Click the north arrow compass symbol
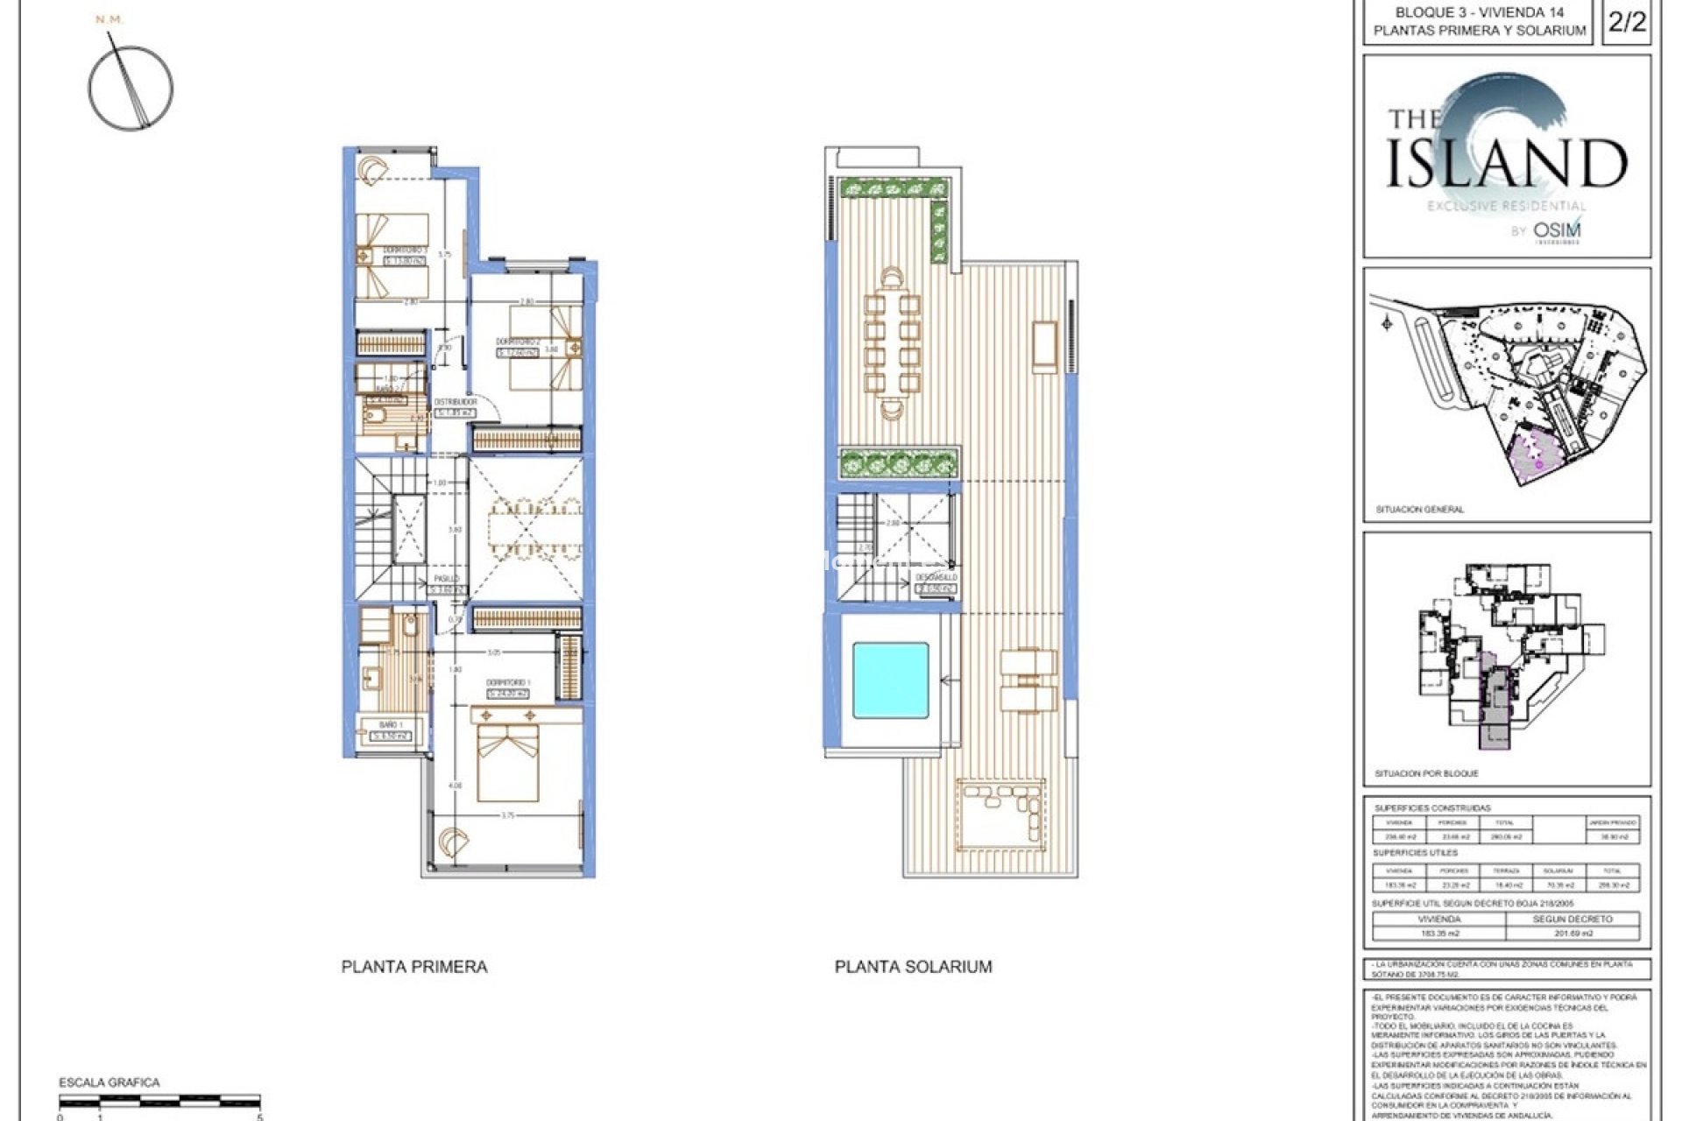pyautogui.click(x=131, y=88)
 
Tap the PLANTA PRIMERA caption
pyautogui.click(x=413, y=967)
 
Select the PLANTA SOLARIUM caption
pyautogui.click(x=913, y=967)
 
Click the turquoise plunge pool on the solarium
pyautogui.click(x=890, y=680)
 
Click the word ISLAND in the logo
pyautogui.click(x=1507, y=163)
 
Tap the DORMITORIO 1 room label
pyautogui.click(x=508, y=682)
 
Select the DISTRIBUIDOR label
pyautogui.click(x=456, y=402)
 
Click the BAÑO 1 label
pyautogui.click(x=391, y=725)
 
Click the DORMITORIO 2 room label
pyautogui.click(x=517, y=342)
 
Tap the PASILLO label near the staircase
pyautogui.click(x=447, y=579)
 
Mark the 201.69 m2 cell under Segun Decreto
pyautogui.click(x=1573, y=934)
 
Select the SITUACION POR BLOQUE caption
pyautogui.click(x=1426, y=774)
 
